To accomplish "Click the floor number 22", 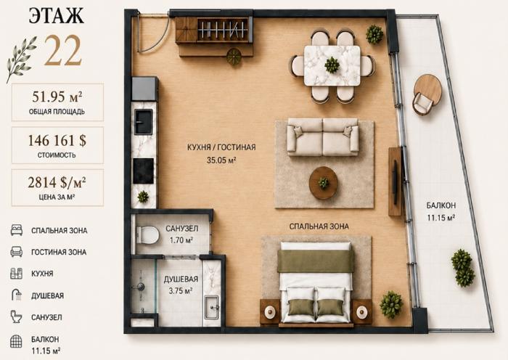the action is [62, 51].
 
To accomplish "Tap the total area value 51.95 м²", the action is [57, 97].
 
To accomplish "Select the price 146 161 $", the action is [57, 140].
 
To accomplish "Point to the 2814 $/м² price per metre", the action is [57, 182].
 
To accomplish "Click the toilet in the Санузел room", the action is [147, 234].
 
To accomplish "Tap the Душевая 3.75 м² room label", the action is [181, 285].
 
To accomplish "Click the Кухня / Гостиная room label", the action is [221, 153].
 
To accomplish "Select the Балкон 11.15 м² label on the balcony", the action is [441, 211].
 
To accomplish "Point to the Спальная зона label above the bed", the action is [319, 226].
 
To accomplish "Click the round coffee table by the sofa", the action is [324, 183].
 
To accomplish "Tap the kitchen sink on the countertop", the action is [144, 122].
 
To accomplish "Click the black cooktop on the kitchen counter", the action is [144, 171].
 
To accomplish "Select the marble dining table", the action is [332, 66].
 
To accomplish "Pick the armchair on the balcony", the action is [422, 103].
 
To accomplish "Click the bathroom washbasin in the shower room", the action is [211, 306].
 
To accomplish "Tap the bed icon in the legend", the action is [17, 230].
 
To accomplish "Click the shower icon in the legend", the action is [17, 295].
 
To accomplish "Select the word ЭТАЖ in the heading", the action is [56, 15].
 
